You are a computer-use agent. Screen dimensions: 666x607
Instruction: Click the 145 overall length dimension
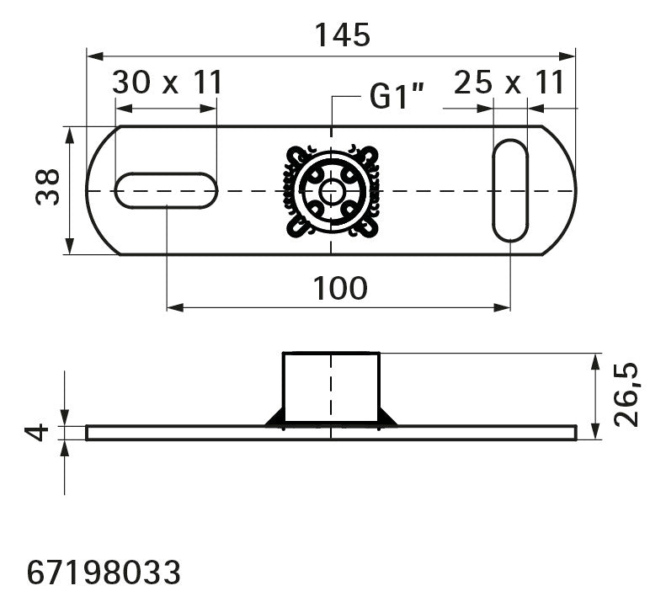pyautogui.click(x=343, y=35)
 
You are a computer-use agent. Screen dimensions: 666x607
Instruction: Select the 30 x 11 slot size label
pyautogui.click(x=168, y=83)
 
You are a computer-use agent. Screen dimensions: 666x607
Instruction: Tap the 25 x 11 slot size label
pyautogui.click(x=509, y=83)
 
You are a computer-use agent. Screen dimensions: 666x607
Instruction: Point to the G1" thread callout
pyautogui.click(x=397, y=97)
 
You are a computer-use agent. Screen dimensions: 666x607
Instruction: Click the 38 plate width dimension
pyautogui.click(x=47, y=188)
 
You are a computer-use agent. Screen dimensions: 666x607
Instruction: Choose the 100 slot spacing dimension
pyautogui.click(x=340, y=289)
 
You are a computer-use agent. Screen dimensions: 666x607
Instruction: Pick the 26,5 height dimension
pyautogui.click(x=626, y=395)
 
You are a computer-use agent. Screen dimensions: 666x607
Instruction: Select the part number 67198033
pyautogui.click(x=104, y=572)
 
